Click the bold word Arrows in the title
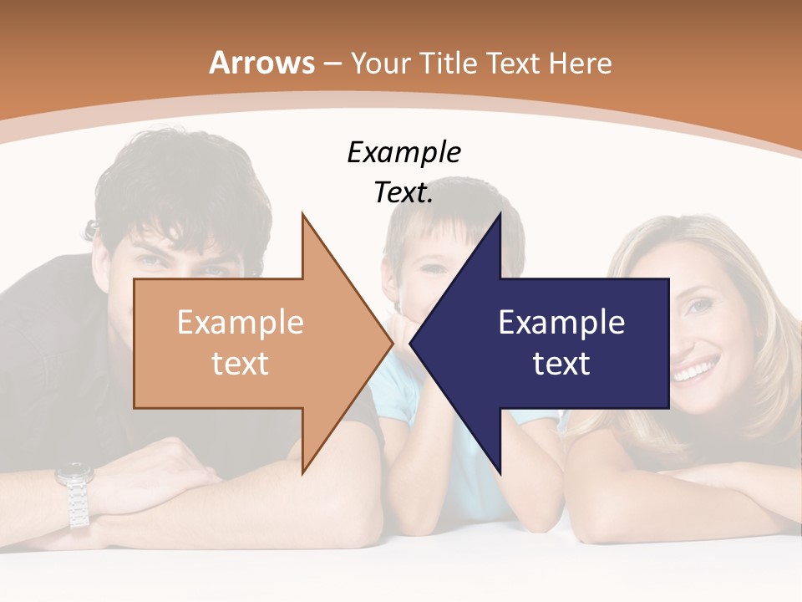pyautogui.click(x=261, y=63)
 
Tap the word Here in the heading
pyautogui.click(x=580, y=63)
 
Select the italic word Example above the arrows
pyautogui.click(x=404, y=152)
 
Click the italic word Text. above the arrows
pyautogui.click(x=404, y=192)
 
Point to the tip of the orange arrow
pyautogui.click(x=392, y=343)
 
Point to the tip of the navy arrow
pyautogui.click(x=412, y=343)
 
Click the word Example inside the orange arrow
pyautogui.click(x=240, y=322)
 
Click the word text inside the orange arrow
pyautogui.click(x=240, y=363)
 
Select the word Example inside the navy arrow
pyautogui.click(x=561, y=322)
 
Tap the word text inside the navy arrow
pyautogui.click(x=561, y=363)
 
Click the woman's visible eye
pyautogui.click(x=695, y=307)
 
